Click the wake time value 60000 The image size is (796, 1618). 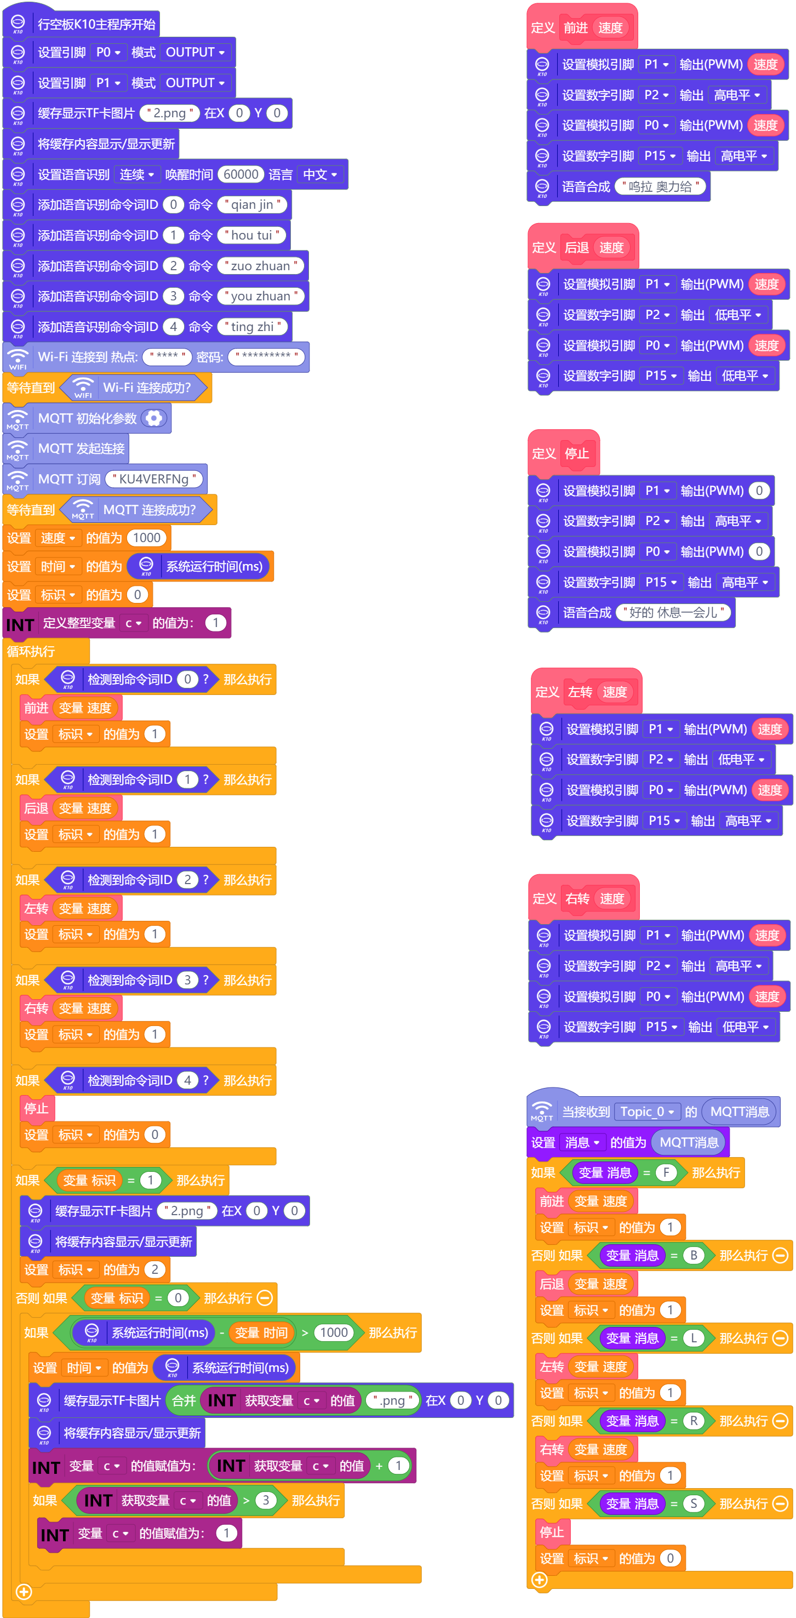pyautogui.click(x=241, y=174)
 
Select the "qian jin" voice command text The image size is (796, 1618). pyautogui.click(x=253, y=205)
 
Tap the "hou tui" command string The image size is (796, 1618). pyautogui.click(x=252, y=235)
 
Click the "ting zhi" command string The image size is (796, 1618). pyautogui.click(x=253, y=327)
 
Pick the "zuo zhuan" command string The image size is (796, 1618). pyautogui.click(x=261, y=266)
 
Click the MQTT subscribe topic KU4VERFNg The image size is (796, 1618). pyautogui.click(x=154, y=479)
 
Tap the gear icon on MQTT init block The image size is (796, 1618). pyautogui.click(x=154, y=418)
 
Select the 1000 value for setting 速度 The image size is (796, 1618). pyautogui.click(x=147, y=538)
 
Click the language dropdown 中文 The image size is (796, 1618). pyautogui.click(x=320, y=174)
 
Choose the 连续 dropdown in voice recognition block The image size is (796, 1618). pyautogui.click(x=137, y=174)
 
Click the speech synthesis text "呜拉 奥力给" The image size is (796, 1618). pyautogui.click(x=660, y=186)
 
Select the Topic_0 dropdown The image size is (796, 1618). pyautogui.click(x=646, y=1112)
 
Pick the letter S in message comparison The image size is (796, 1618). pyautogui.click(x=694, y=1503)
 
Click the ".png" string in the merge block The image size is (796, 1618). pyautogui.click(x=393, y=1400)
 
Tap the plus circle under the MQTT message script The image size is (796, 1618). pyautogui.click(x=539, y=1580)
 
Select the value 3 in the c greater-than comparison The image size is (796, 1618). pyautogui.click(x=266, y=1501)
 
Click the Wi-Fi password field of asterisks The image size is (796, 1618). pyautogui.click(x=266, y=357)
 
